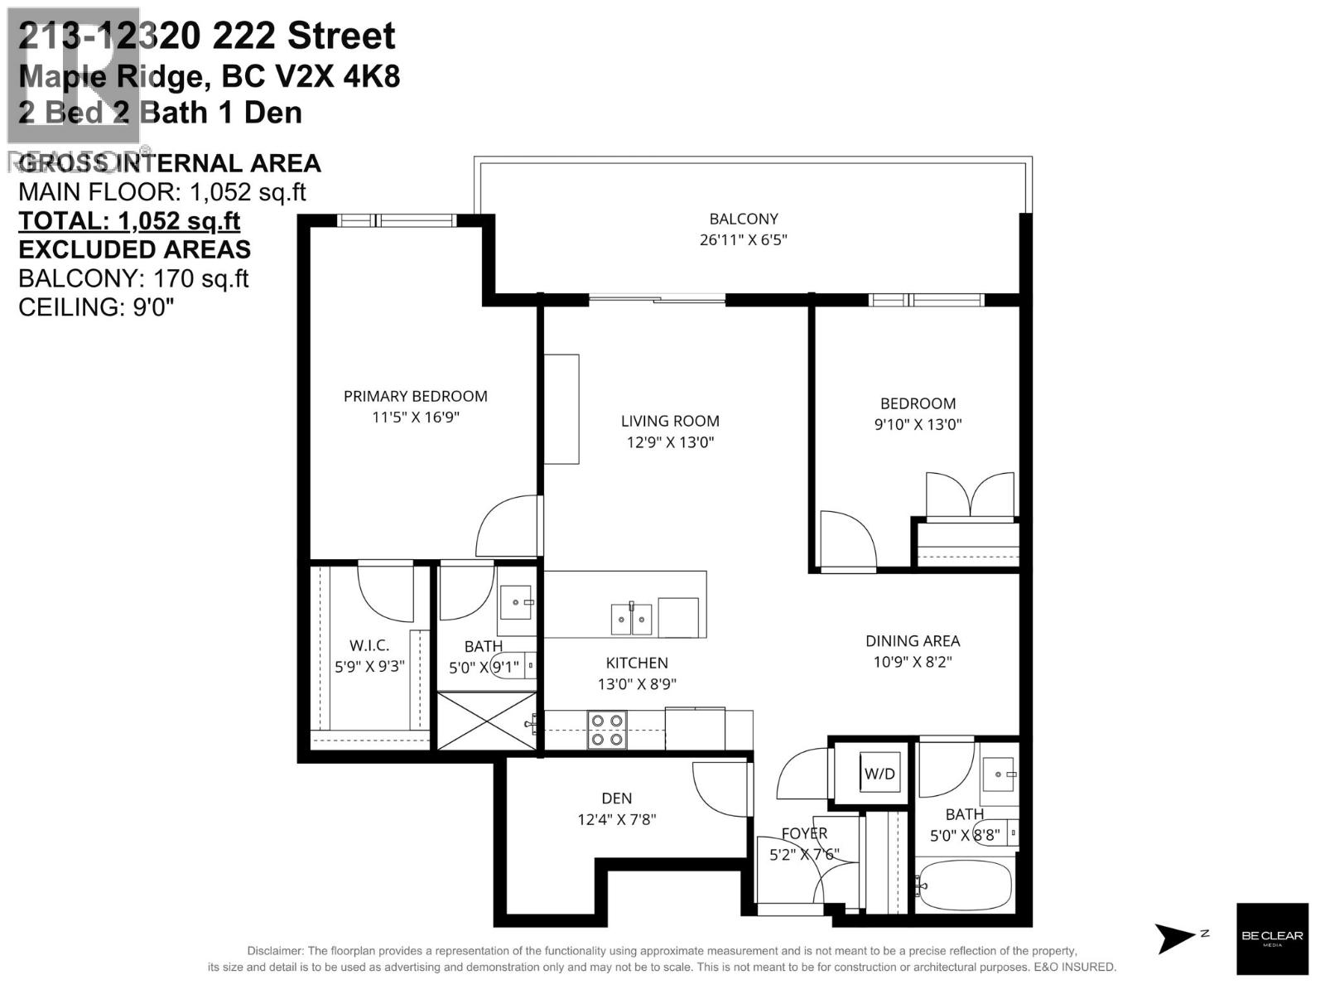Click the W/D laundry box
coord(879,773)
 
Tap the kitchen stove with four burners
coord(606,730)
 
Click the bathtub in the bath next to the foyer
coord(965,885)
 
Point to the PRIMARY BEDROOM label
coord(415,396)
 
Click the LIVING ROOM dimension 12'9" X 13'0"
coord(669,442)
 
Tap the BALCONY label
coord(743,219)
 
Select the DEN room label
coord(616,799)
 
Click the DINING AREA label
coord(913,640)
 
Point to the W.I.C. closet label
coord(369,645)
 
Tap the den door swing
coord(720,789)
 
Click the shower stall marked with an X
coord(486,721)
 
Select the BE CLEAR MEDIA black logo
coord(1272,938)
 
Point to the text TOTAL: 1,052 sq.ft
coord(129,220)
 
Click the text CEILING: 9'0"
coord(96,306)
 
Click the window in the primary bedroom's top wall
coord(397,220)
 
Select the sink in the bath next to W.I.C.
coord(518,602)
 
